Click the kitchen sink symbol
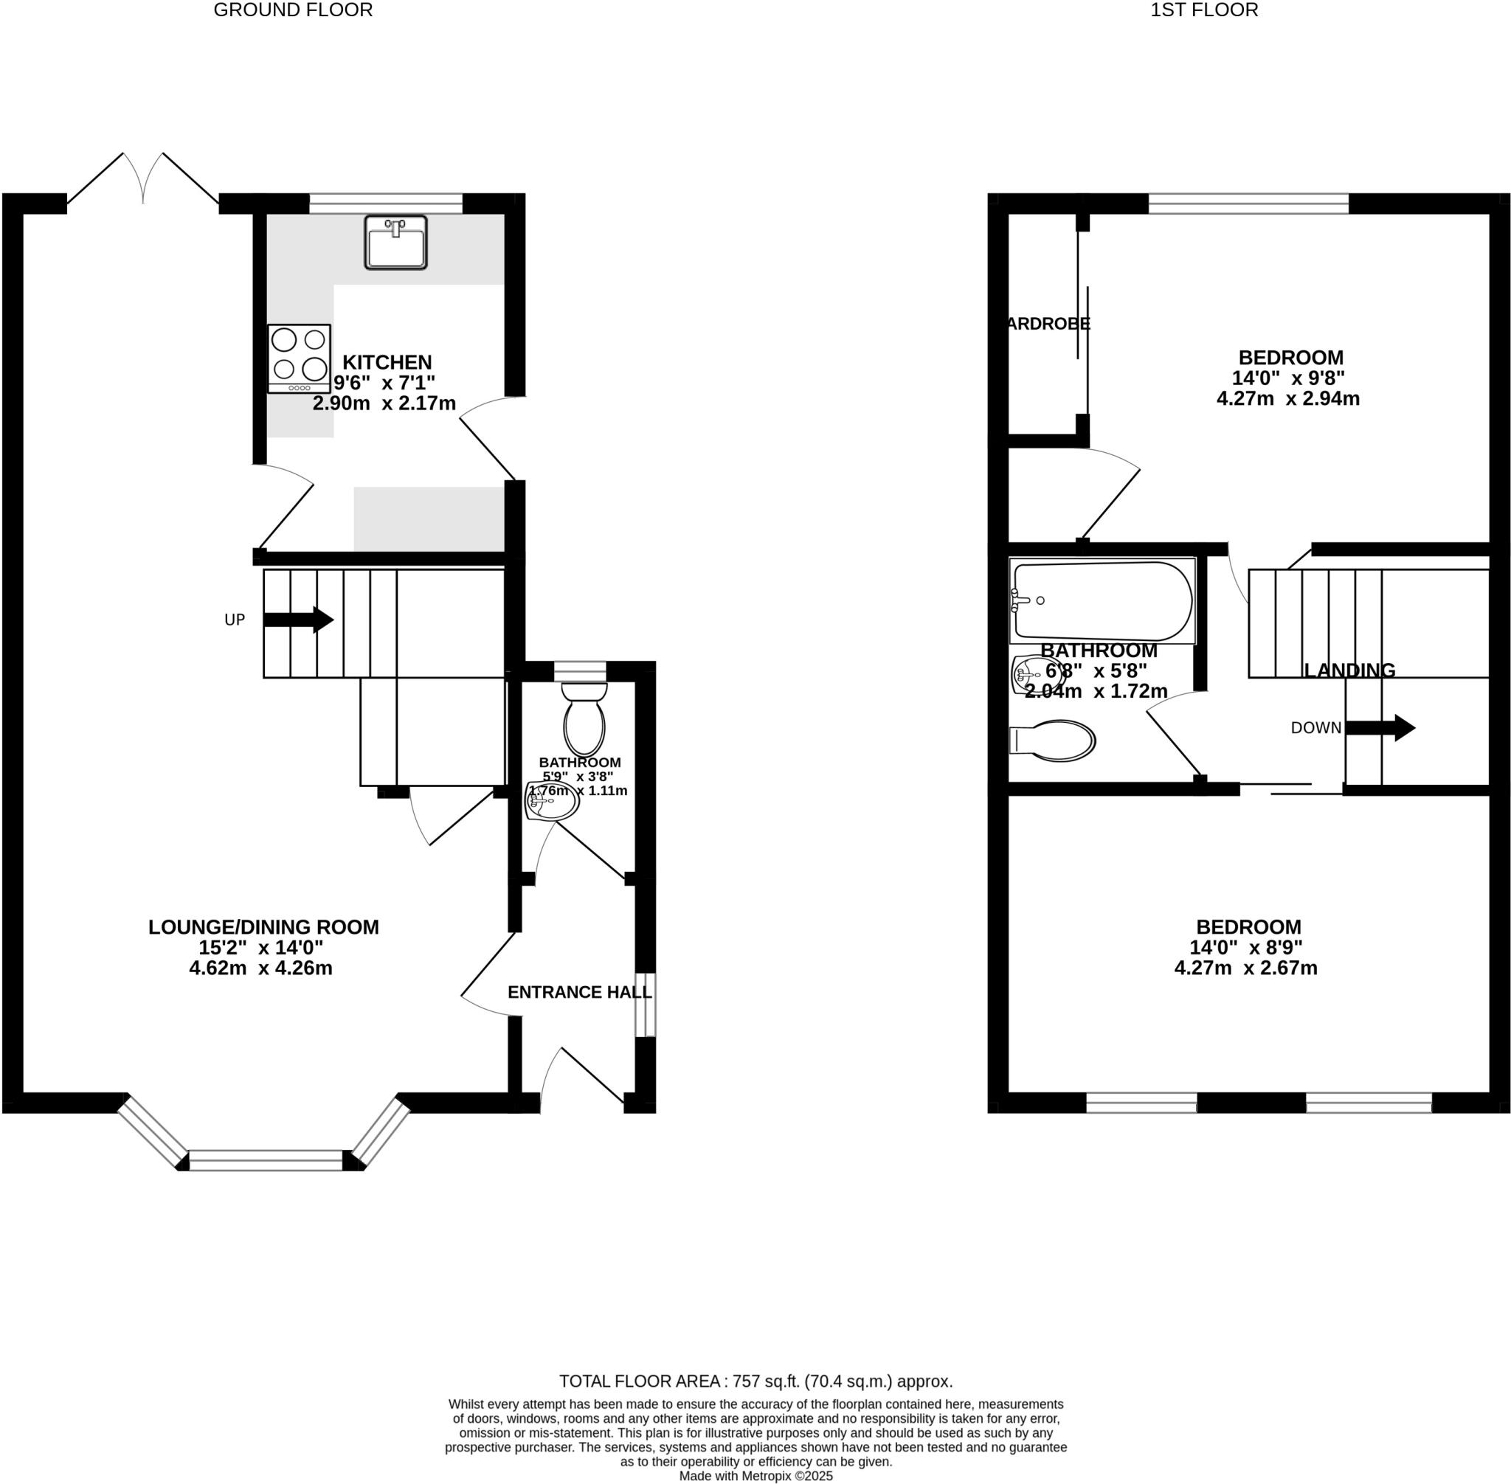point(395,243)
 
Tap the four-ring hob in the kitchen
point(299,358)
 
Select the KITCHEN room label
point(387,362)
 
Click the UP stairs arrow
point(299,620)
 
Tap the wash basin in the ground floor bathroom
point(550,801)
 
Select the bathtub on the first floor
point(1101,600)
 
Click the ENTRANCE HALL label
point(579,992)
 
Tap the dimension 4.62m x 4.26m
point(260,969)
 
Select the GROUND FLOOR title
point(293,10)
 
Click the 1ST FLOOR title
point(1204,10)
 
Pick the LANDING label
point(1349,670)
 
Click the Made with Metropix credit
point(755,1476)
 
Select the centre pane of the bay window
point(265,1160)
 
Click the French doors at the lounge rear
point(143,181)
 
